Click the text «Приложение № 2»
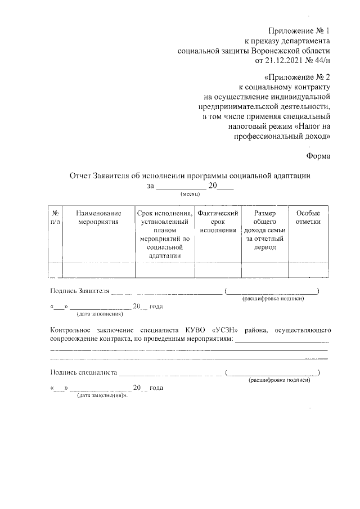[x=297, y=77]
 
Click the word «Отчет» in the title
[x=80, y=175]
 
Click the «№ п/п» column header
[x=56, y=218]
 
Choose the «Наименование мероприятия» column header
[x=99, y=218]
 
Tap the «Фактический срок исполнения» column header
[x=218, y=222]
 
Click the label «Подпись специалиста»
[x=83, y=372]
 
